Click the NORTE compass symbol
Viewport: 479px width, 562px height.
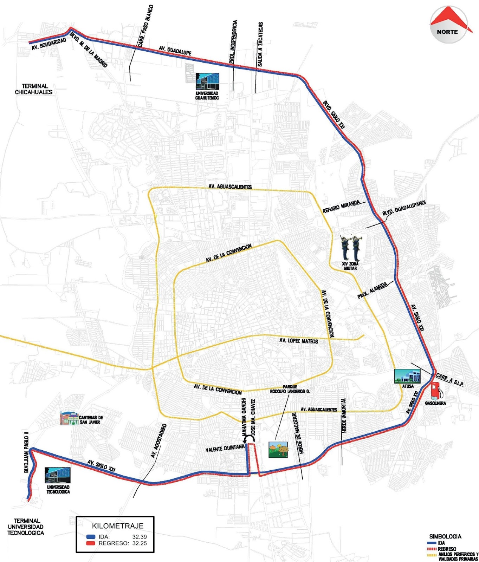tap(447, 25)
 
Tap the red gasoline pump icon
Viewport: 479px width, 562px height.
tap(436, 391)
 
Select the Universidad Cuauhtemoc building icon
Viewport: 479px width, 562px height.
tap(207, 81)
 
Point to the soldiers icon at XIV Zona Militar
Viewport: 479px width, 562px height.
tap(351, 247)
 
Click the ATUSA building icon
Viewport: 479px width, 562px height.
tap(407, 376)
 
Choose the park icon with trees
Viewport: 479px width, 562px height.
tap(278, 450)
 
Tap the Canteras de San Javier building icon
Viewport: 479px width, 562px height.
tap(69, 418)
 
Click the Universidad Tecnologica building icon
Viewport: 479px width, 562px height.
tap(58, 475)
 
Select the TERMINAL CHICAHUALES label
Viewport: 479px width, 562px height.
tap(33, 89)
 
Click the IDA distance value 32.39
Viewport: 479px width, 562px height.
tap(140, 537)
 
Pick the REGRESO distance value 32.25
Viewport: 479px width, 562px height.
tap(140, 543)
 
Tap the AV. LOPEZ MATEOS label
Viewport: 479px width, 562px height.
tap(298, 341)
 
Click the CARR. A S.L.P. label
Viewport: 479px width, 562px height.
tap(450, 380)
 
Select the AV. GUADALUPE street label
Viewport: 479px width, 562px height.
tap(175, 50)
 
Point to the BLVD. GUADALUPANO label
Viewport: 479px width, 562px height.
tap(404, 208)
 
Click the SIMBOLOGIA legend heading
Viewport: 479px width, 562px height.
tap(445, 536)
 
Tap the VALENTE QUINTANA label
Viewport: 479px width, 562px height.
tap(225, 448)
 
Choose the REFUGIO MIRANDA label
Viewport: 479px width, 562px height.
tap(341, 207)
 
